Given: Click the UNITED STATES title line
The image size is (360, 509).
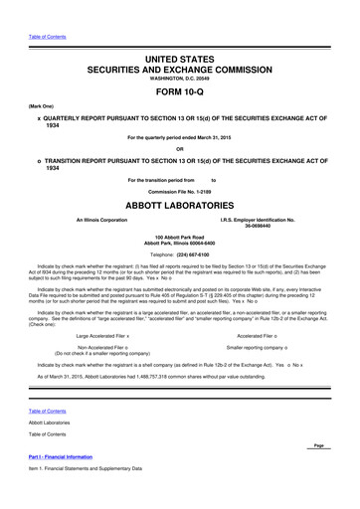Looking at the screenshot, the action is click(x=179, y=61).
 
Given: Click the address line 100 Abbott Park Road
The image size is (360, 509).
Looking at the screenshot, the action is click(x=179, y=238).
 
